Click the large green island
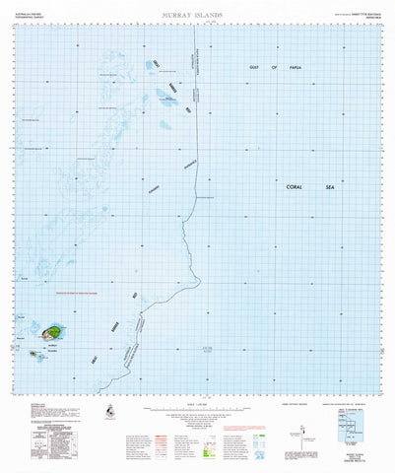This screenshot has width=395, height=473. pyautogui.click(x=49, y=332)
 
